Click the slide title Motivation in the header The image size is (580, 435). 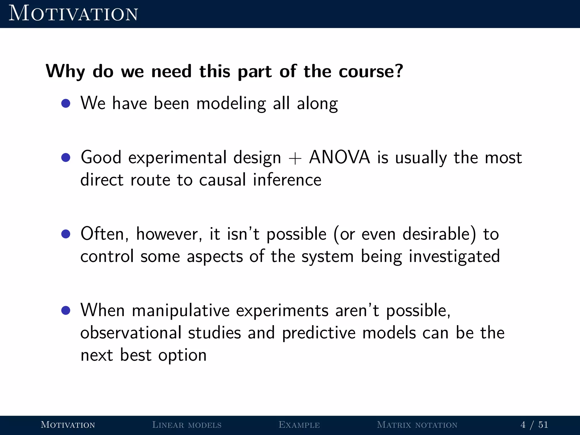tap(73, 14)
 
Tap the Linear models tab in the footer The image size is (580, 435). tap(187, 425)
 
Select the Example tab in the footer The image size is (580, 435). tap(299, 425)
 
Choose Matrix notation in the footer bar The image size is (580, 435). tap(417, 425)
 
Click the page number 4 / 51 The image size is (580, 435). tap(534, 425)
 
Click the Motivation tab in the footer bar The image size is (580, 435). tap(68, 425)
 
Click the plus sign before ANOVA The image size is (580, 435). tap(295, 159)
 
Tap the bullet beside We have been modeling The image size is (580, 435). tap(66, 103)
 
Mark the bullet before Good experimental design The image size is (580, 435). tap(66, 157)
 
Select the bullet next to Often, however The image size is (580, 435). tap(66, 234)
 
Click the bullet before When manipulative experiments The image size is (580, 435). tap(66, 310)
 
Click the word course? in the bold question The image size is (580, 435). tap(370, 71)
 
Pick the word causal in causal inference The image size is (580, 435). tap(222, 180)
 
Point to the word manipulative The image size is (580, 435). tap(181, 310)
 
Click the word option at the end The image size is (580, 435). tap(182, 355)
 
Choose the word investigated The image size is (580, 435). tap(454, 257)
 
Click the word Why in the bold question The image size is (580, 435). tap(65, 71)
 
